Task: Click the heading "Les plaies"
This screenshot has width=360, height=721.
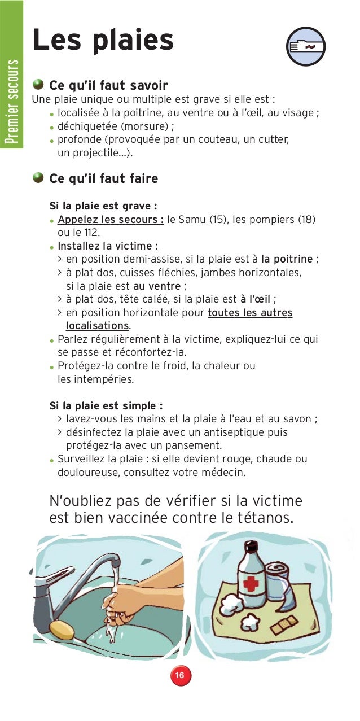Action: pos(103,41)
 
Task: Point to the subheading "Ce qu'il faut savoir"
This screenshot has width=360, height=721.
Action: pos(108,86)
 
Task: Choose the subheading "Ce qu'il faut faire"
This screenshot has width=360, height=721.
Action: pos(104,179)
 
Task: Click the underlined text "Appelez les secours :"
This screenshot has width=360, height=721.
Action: pos(111,219)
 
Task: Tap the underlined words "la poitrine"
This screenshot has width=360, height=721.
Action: pos(287,259)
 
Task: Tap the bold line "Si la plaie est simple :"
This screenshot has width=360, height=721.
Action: pos(106,405)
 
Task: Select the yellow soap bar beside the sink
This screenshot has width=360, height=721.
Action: pos(62,629)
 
